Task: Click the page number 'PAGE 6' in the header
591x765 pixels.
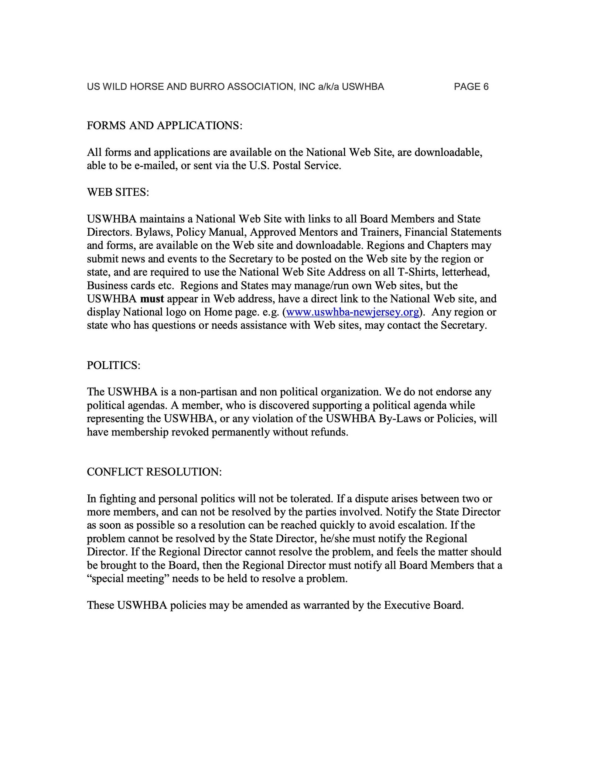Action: pyautogui.click(x=471, y=87)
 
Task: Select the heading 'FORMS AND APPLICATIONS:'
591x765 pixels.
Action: pyautogui.click(x=164, y=126)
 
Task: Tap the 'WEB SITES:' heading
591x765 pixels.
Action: pyautogui.click(x=118, y=192)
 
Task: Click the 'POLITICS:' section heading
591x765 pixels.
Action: pyautogui.click(x=113, y=365)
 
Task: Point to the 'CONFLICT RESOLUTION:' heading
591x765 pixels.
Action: pyautogui.click(x=154, y=472)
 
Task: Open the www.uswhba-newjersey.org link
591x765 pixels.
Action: pyautogui.click(x=352, y=313)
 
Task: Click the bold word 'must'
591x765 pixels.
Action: pyautogui.click(x=152, y=299)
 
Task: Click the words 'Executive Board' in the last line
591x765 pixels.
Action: pyautogui.click(x=423, y=605)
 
